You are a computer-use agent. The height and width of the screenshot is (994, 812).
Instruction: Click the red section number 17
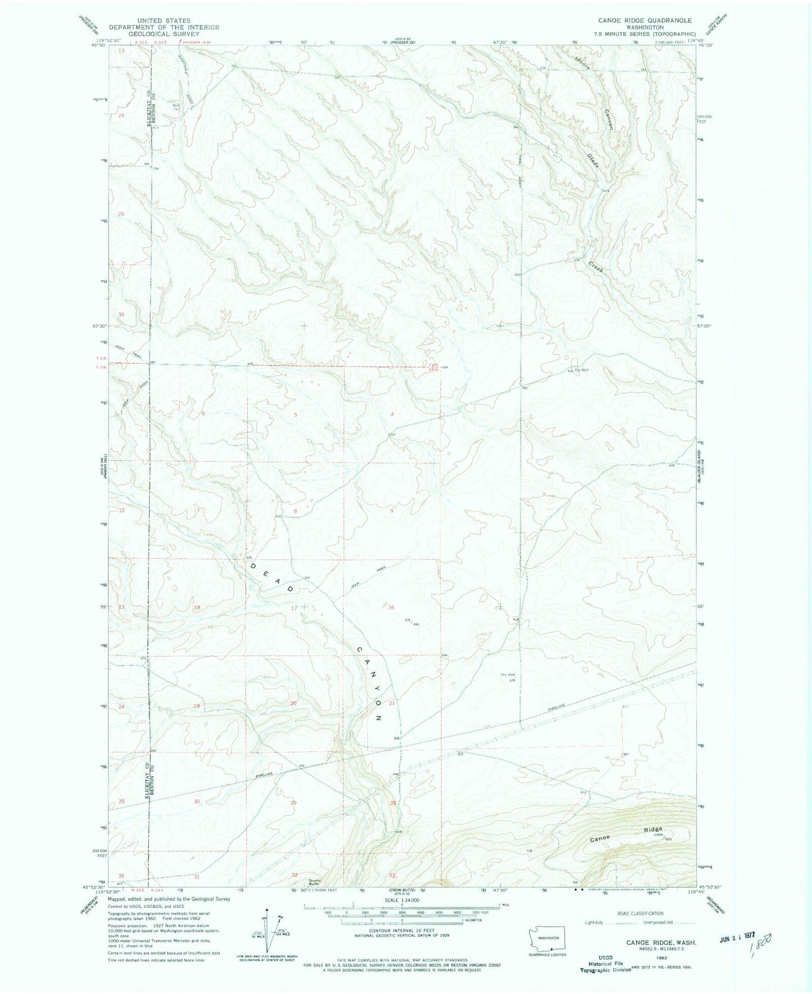tap(294, 608)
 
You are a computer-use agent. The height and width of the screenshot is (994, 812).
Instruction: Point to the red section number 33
tap(392, 875)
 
